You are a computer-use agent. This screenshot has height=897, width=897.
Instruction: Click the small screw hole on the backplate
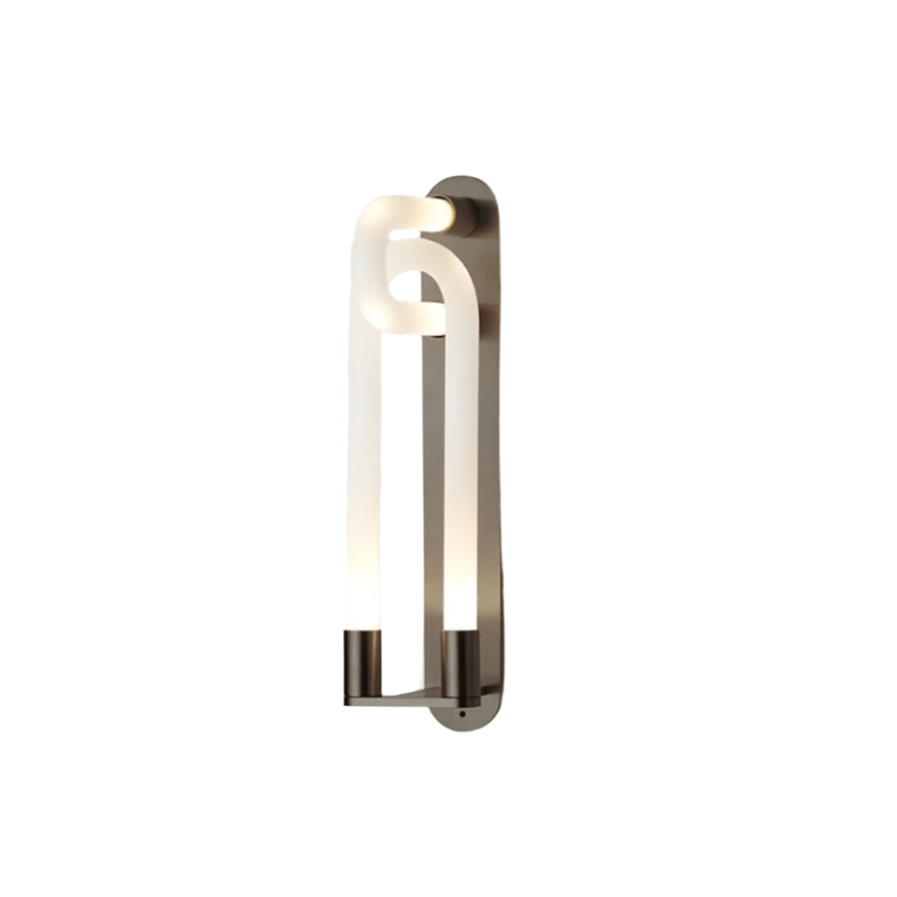click(x=462, y=713)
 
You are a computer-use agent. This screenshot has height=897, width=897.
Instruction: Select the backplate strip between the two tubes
click(x=432, y=498)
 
